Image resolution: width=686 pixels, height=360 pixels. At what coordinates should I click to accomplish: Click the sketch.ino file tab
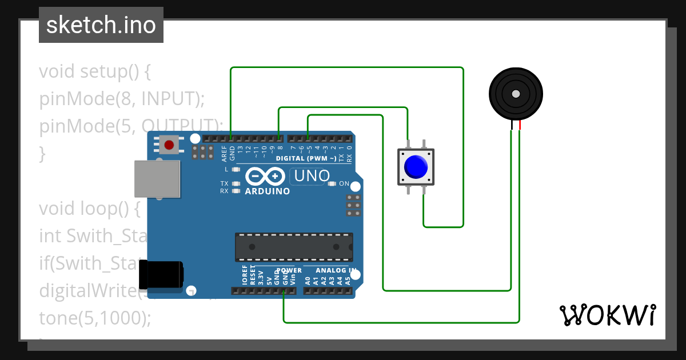point(101,25)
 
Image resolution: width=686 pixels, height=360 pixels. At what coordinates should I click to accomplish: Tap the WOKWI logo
point(607,315)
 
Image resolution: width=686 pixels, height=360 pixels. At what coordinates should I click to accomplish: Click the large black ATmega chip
point(294,246)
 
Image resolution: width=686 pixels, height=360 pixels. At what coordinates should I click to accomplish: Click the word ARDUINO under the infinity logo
point(267,191)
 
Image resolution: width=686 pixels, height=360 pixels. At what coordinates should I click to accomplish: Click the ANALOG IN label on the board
point(337,270)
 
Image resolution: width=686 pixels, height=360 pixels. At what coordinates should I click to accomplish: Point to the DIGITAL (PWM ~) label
point(306,158)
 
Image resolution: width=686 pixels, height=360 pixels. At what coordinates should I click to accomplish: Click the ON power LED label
point(344,183)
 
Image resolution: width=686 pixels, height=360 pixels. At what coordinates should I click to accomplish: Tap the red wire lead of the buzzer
point(520,126)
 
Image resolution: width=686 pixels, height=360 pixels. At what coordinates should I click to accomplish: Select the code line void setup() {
point(94,72)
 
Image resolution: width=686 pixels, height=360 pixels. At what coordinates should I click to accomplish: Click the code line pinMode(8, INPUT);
point(122,99)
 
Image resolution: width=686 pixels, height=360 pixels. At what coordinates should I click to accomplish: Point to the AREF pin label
point(225,153)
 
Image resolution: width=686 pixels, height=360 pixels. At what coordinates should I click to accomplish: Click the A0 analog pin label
point(307,281)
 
